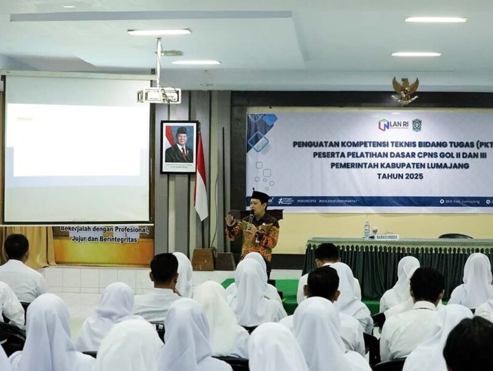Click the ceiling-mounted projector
tap(159, 96)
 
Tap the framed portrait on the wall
tap(179, 147)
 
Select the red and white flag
tap(201, 179)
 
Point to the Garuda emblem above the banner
tap(405, 90)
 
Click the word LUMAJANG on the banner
tap(446, 165)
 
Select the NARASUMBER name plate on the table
tap(386, 237)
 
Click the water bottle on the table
tap(367, 230)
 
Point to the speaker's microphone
tap(251, 218)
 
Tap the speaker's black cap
tap(260, 196)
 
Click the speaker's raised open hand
tap(230, 220)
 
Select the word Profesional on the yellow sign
tap(121, 229)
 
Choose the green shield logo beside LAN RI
tap(417, 124)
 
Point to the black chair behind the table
tap(455, 235)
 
